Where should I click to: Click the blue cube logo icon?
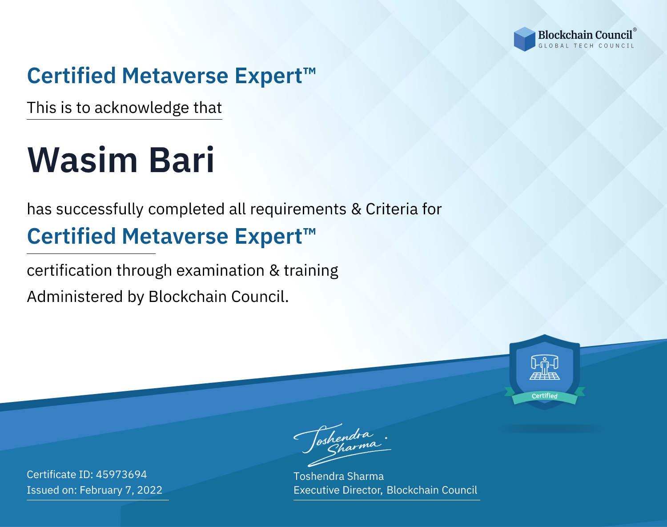coord(524,39)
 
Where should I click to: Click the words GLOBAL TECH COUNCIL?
coord(587,46)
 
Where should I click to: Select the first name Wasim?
coord(82,160)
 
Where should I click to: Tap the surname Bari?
coord(181,160)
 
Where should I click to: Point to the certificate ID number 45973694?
coord(121,474)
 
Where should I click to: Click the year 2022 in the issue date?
coord(150,490)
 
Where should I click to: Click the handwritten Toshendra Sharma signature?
coord(342,445)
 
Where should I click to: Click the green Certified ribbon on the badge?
coord(545,396)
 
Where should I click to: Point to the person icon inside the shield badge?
coord(545,366)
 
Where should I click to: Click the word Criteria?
coord(391,209)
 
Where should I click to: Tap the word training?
coord(311,271)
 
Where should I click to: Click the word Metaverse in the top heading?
coord(175,76)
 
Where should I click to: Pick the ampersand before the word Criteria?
coord(356,209)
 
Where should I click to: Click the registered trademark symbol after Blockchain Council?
coord(635,29)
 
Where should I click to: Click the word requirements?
coord(298,209)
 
